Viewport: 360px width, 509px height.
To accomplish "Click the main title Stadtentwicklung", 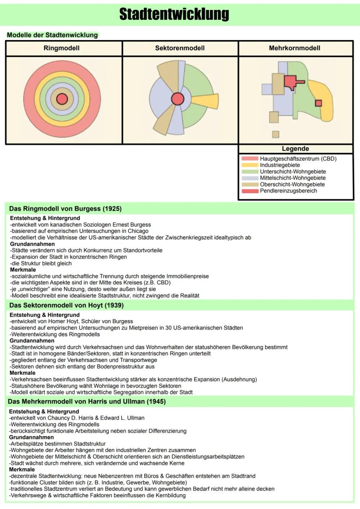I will point(174,14).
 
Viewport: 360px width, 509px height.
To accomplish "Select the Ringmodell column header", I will point(62,48).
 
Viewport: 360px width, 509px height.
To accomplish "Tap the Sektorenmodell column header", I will point(180,48).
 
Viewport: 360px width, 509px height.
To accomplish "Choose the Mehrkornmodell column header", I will point(295,48).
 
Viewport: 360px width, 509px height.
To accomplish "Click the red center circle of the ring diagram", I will point(62,99).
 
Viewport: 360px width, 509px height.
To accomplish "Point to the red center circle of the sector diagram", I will point(177,99).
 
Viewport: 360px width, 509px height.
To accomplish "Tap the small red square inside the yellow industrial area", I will point(318,103).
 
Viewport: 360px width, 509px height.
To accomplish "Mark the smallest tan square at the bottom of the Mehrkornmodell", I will point(276,134).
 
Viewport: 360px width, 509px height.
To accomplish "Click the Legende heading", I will point(295,149).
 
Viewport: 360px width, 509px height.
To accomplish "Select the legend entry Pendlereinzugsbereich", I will point(288,191).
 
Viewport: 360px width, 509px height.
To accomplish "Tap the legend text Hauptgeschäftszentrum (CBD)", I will point(298,159).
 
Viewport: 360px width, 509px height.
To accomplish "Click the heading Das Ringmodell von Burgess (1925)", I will point(65,209).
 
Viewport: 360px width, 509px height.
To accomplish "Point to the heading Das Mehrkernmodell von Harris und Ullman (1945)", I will point(87,402).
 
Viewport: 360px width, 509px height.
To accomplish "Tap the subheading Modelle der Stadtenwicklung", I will point(52,35).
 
